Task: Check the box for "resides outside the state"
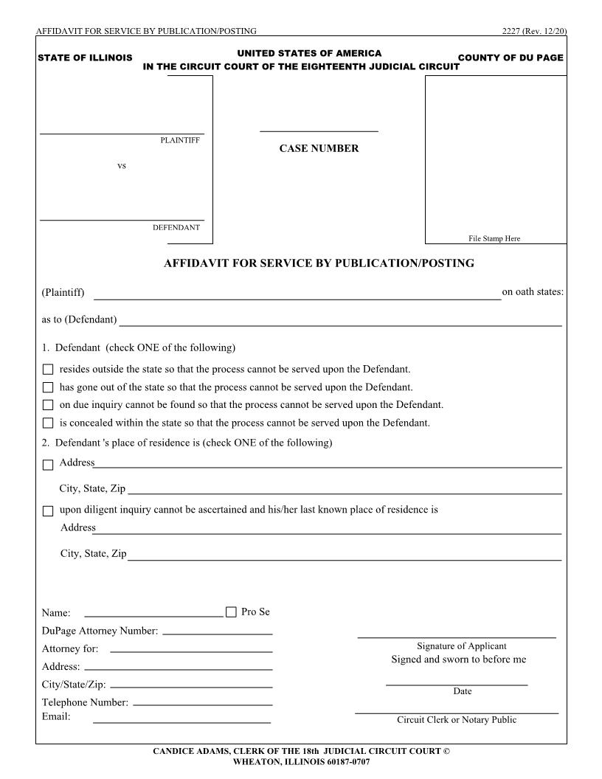pos(48,370)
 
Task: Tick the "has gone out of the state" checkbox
pos(48,387)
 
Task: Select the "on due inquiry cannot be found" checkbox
pos(48,405)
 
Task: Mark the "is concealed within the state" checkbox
pos(48,423)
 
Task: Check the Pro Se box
pos(231,612)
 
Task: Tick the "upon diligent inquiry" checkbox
pos(48,510)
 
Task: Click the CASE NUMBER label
pos(319,148)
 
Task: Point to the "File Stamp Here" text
pos(494,238)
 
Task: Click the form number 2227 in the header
pos(511,31)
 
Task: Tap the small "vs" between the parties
pos(122,166)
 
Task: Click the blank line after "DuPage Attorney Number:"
pos(217,632)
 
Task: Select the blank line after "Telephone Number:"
pos(203,704)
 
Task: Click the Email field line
pos(181,721)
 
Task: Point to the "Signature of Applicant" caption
pos(461,646)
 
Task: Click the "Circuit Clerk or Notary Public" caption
pos(457,720)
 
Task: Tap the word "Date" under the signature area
pos(463,691)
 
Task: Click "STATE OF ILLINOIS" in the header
pos(85,58)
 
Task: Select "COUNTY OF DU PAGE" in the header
pos(511,58)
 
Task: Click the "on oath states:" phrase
pos(533,292)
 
